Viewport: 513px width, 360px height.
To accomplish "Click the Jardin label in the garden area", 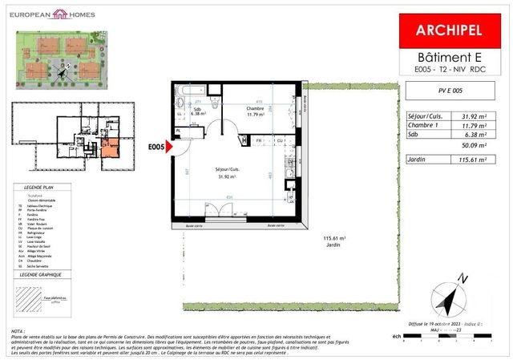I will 333,245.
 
